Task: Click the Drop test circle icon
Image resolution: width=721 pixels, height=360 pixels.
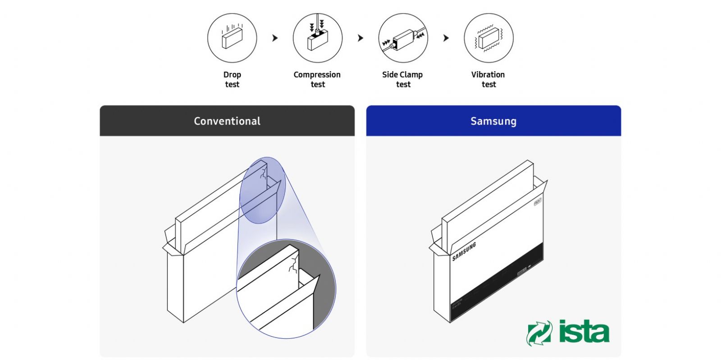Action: (x=232, y=38)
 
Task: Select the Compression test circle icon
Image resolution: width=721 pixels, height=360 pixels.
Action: (x=317, y=38)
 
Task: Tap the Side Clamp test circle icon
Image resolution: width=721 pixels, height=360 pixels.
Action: (x=403, y=38)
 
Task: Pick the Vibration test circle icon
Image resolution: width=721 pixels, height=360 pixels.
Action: (x=488, y=38)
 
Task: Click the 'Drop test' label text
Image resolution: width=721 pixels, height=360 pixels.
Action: (x=232, y=79)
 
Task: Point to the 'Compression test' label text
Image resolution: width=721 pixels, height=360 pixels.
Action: (x=317, y=79)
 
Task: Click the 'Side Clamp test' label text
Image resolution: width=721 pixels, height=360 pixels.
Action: (x=402, y=79)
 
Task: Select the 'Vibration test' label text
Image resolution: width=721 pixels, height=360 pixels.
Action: (x=488, y=79)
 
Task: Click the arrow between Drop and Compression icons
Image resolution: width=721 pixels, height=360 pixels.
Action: (x=275, y=38)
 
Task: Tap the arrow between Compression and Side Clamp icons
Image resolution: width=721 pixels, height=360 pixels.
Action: (x=360, y=38)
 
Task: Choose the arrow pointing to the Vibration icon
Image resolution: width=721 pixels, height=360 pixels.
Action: (x=446, y=38)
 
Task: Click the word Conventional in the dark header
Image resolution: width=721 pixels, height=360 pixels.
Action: (x=227, y=121)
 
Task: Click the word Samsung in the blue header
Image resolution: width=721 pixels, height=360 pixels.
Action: (x=493, y=121)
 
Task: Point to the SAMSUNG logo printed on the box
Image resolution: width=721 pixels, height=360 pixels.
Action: (x=464, y=251)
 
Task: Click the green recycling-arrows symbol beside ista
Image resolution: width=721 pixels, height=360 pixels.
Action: (x=539, y=333)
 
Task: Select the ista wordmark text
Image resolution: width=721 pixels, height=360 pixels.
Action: (x=584, y=332)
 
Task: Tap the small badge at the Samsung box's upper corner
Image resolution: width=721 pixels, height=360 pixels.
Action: (x=537, y=201)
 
